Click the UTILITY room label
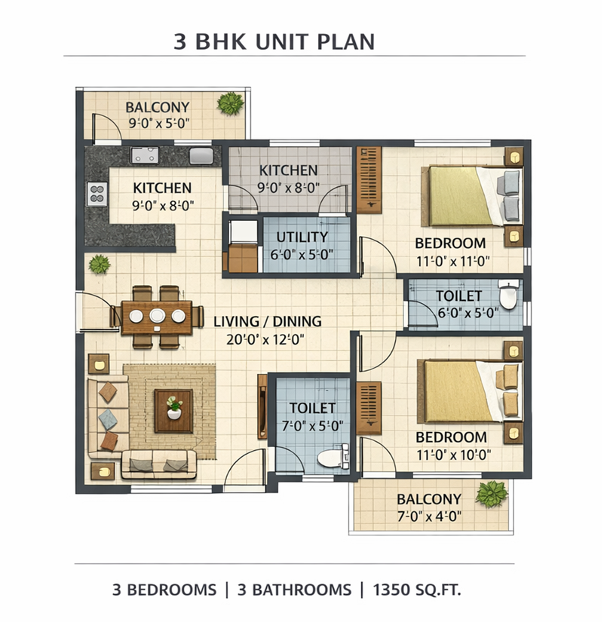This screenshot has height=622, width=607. tap(302, 237)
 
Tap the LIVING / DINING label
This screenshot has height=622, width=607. tap(268, 321)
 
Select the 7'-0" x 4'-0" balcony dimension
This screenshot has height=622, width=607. tap(429, 516)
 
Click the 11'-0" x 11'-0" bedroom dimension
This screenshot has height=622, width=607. tap(452, 262)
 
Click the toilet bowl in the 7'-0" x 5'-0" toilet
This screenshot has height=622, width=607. tap(333, 458)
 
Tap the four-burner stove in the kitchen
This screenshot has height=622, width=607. tap(97, 194)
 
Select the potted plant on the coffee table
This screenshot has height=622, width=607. tap(174, 407)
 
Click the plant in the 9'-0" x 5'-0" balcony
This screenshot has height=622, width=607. tap(231, 103)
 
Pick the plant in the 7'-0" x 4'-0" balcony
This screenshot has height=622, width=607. tap(492, 495)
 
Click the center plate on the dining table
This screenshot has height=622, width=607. tap(158, 315)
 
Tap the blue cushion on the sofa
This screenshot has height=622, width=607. tap(108, 419)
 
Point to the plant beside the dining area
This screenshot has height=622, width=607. tap(100, 264)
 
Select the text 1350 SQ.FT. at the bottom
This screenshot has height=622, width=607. tap(416, 590)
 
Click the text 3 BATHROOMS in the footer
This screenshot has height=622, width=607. tap(294, 590)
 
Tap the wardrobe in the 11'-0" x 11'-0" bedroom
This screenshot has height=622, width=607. tap(369, 179)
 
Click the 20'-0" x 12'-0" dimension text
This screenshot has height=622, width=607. tap(265, 339)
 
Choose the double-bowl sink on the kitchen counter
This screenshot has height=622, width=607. tap(145, 155)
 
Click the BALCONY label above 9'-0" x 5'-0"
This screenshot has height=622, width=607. tap(158, 107)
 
